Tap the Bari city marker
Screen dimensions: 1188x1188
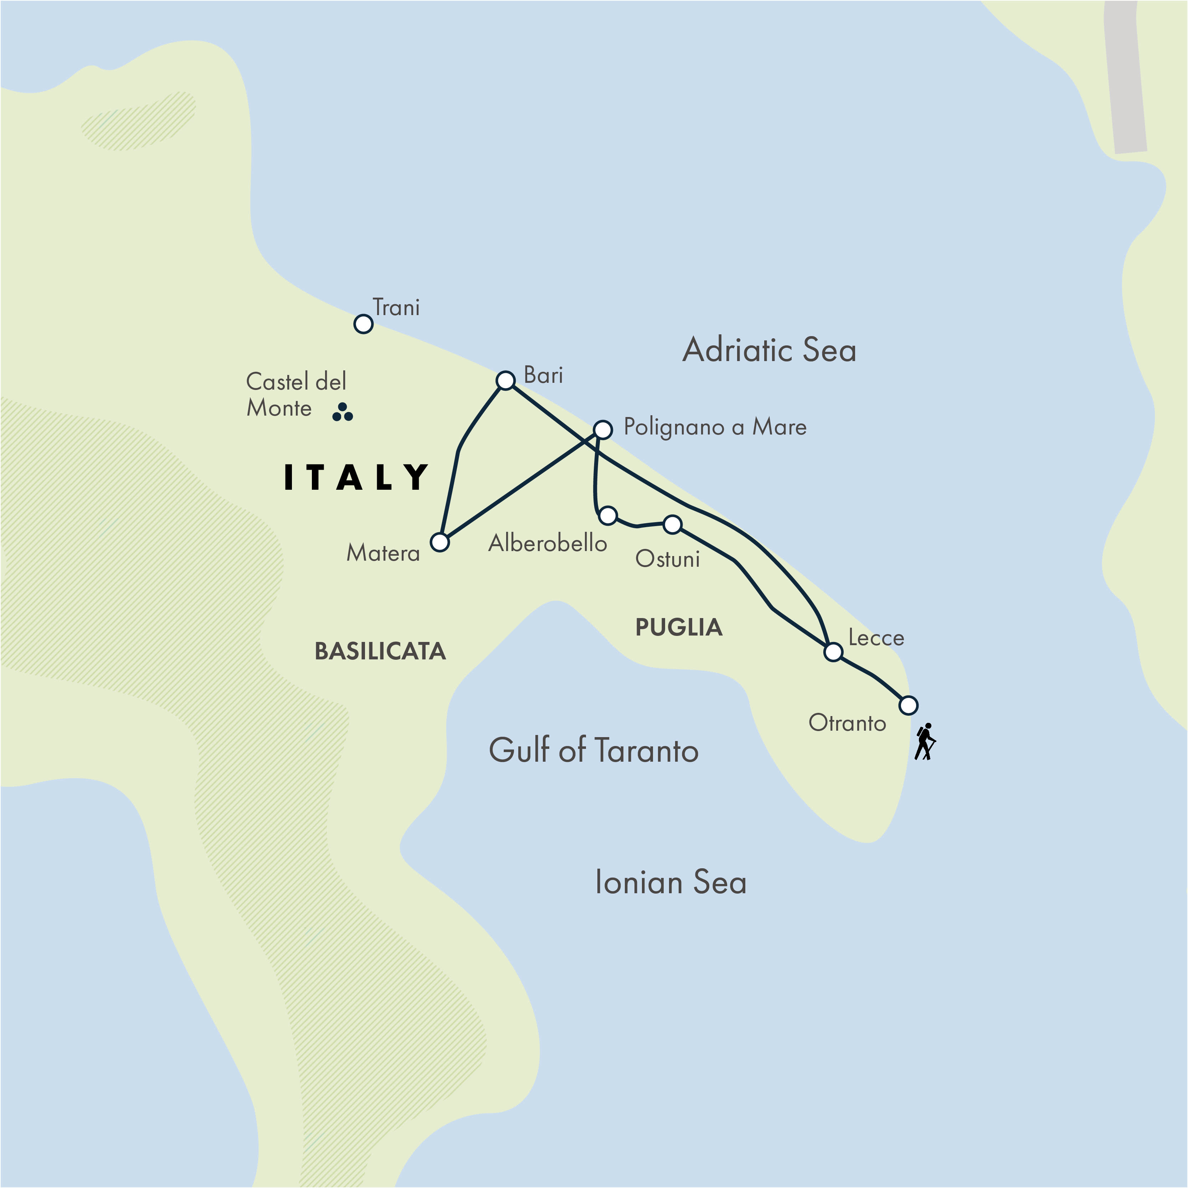point(505,381)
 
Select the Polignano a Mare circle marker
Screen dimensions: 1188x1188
point(603,429)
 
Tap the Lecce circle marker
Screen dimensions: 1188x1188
point(833,652)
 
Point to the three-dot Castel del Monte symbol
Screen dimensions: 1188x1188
point(343,413)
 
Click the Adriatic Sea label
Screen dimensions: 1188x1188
point(769,350)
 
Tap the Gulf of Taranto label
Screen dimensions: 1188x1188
point(593,750)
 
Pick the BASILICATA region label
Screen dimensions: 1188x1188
point(380,651)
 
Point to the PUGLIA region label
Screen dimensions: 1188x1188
point(679,627)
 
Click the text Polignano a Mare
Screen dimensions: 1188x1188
point(715,427)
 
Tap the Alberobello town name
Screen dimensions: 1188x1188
point(547,543)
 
